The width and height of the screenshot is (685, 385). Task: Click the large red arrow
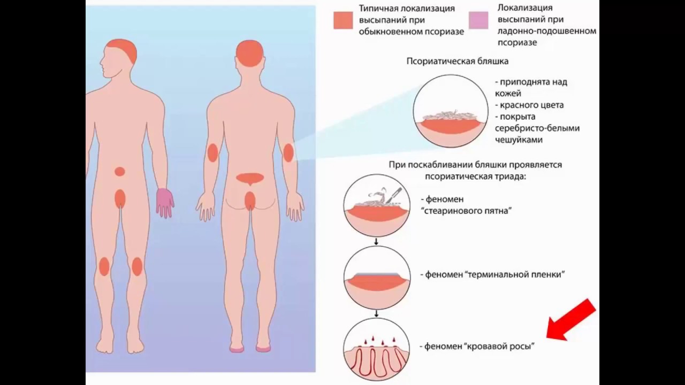pos(570,320)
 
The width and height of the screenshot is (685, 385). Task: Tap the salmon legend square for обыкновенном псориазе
pos(343,20)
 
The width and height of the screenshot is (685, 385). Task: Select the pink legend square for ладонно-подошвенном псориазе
pos(478,20)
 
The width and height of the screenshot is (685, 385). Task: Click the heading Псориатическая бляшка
pos(458,61)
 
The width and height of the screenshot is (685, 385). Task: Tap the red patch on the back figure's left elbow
pos(212,153)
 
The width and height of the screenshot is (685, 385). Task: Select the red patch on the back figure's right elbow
pos(288,152)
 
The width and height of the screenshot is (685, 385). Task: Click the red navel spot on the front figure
pos(119,172)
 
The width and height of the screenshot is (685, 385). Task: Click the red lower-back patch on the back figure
pos(250,178)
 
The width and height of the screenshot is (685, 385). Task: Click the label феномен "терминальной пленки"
pos(492,274)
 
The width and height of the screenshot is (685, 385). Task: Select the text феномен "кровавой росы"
pos(477,346)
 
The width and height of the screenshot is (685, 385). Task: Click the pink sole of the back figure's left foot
pos(237,349)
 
